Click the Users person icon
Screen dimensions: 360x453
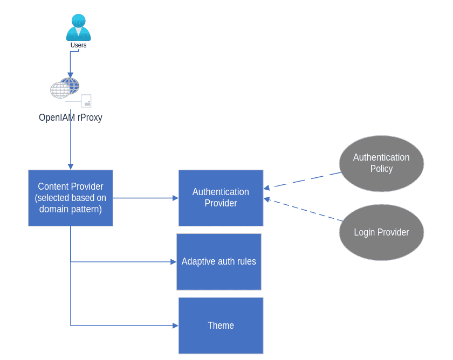click(x=78, y=27)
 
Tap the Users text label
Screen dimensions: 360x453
click(x=78, y=45)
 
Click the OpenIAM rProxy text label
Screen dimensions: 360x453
click(x=71, y=117)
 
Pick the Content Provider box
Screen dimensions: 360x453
click(x=71, y=198)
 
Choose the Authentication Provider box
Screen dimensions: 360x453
click(x=221, y=198)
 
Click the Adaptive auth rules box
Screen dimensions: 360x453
click(x=218, y=262)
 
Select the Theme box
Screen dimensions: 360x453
click(x=221, y=326)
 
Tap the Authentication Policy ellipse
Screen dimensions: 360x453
click(x=381, y=163)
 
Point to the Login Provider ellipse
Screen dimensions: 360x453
click(x=381, y=232)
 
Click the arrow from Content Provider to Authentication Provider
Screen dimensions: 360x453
click(x=146, y=198)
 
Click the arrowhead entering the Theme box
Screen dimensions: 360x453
click(x=175, y=326)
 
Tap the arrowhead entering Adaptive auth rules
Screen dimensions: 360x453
click(x=173, y=262)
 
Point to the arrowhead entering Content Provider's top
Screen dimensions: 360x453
click(x=71, y=167)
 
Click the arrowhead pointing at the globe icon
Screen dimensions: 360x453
click(x=70, y=75)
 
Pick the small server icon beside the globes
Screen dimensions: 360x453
click(x=86, y=101)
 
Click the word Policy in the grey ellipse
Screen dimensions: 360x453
click(x=381, y=169)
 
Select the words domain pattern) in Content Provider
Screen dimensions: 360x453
click(x=71, y=209)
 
